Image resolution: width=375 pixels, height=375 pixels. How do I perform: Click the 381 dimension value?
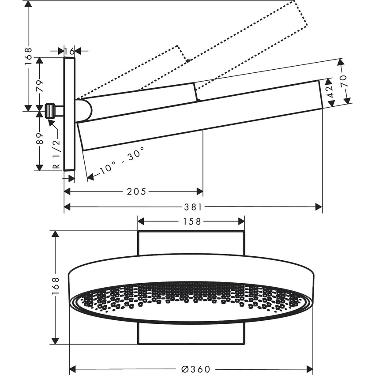[193, 206]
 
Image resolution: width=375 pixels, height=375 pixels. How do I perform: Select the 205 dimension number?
[135, 191]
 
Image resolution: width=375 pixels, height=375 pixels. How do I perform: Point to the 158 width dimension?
[191, 221]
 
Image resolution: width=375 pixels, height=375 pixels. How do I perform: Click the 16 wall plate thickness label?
[69, 51]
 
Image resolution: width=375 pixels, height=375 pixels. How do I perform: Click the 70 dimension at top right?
[344, 81]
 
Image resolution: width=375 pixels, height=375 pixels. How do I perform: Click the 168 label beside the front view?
[55, 287]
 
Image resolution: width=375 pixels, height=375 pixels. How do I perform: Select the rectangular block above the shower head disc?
[191, 243]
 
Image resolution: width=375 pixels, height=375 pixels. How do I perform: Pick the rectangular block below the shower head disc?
[191, 334]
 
